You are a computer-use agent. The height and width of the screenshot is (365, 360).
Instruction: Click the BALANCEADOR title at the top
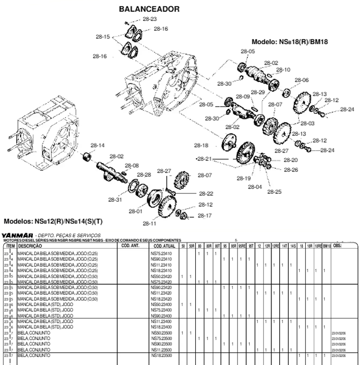[149, 9]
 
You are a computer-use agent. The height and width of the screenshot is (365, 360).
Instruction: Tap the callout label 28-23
[149, 19]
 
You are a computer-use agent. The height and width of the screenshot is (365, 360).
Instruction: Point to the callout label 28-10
[284, 70]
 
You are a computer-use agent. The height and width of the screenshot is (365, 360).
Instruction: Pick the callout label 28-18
[201, 145]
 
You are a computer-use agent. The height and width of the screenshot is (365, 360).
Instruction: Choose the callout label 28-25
[274, 192]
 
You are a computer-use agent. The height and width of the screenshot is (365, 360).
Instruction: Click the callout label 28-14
[97, 145]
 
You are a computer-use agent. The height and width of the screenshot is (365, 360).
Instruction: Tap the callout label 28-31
[115, 200]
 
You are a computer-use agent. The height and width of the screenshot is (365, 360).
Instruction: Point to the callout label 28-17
[205, 216]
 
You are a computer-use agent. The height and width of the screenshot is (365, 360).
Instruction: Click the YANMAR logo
[17, 235]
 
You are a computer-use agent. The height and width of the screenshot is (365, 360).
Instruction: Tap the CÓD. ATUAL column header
[163, 246]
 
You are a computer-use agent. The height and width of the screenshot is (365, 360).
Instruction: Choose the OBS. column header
[338, 246]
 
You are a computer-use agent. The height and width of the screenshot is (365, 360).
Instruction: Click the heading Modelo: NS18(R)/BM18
[290, 41]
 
